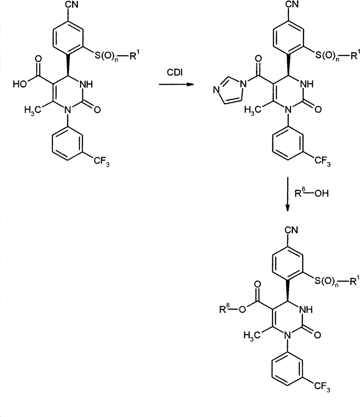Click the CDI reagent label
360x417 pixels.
click(x=175, y=72)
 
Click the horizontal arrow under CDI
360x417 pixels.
click(x=176, y=84)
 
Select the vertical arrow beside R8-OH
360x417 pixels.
click(x=287, y=194)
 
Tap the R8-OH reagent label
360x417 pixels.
click(x=311, y=193)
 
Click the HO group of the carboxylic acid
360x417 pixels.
click(x=20, y=84)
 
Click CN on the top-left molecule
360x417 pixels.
click(x=72, y=5)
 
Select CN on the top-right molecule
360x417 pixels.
click(x=292, y=4)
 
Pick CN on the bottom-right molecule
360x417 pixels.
click(x=291, y=230)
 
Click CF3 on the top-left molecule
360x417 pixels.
click(x=102, y=161)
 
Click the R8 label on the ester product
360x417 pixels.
click(x=224, y=309)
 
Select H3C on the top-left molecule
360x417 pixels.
click(x=32, y=110)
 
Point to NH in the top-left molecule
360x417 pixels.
click(x=86, y=84)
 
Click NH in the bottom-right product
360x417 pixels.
click(x=306, y=309)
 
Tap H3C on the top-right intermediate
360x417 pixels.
click(x=252, y=110)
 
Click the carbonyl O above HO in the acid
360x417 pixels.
click(x=38, y=59)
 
